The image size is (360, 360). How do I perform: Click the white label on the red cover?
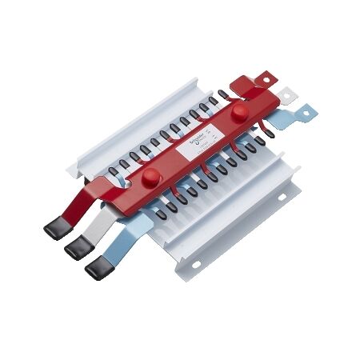[x=196, y=140]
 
